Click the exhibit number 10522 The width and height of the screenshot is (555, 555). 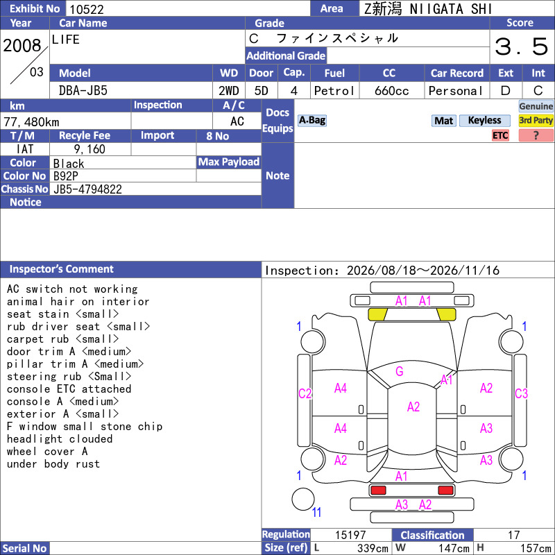87,9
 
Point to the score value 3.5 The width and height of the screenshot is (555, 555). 522,46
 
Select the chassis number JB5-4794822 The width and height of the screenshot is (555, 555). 87,189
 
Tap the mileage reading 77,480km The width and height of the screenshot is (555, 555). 31,122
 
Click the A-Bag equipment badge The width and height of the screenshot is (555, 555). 311,120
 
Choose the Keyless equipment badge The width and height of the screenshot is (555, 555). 484,120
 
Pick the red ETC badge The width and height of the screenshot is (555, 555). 500,135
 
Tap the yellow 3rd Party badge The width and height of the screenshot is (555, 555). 536,120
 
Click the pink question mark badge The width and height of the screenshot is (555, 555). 536,135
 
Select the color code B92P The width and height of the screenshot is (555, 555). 65,176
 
